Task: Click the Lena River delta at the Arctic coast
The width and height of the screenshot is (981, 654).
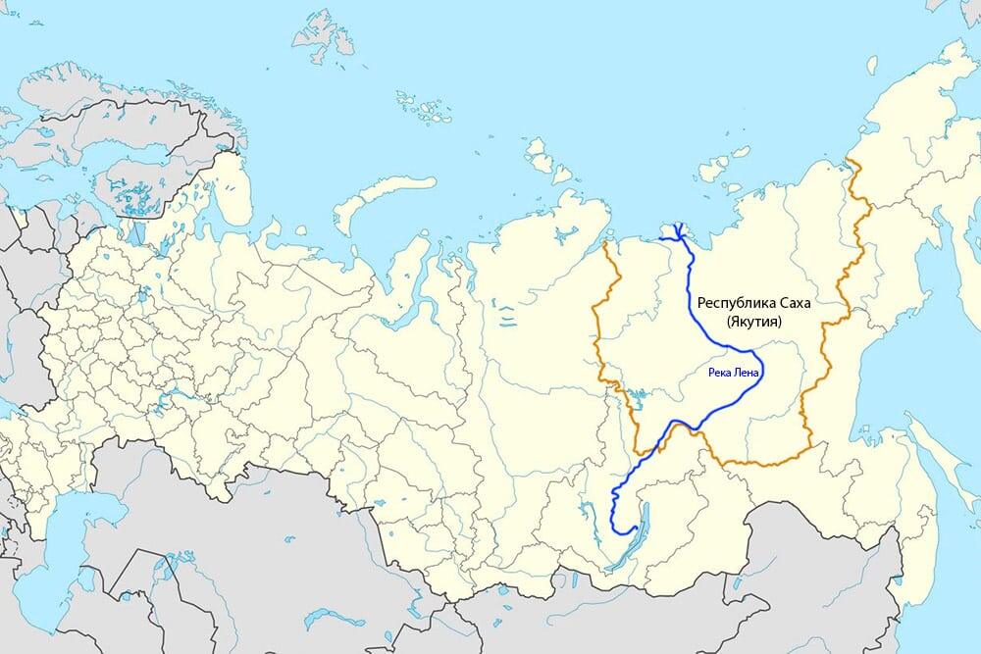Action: click(x=676, y=230)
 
